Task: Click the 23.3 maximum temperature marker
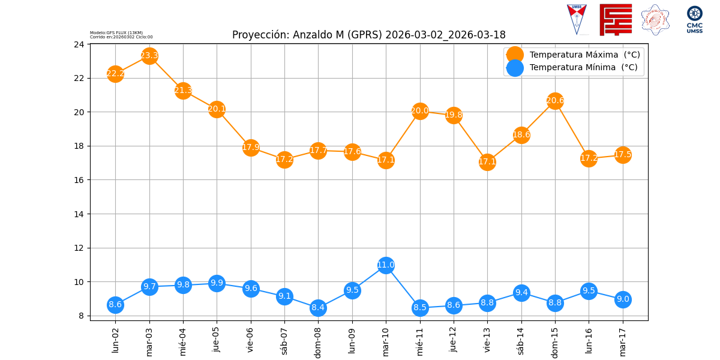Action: pyautogui.click(x=149, y=56)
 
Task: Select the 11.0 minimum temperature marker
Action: pyautogui.click(x=386, y=265)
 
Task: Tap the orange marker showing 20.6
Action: pyautogui.click(x=555, y=101)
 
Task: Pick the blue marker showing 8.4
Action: pyautogui.click(x=318, y=308)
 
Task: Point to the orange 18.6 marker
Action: pyautogui.click(x=521, y=135)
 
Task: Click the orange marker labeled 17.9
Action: pyautogui.click(x=251, y=148)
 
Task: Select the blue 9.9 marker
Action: pyautogui.click(x=217, y=283)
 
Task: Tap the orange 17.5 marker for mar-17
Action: pyautogui.click(x=623, y=155)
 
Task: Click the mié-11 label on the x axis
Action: pyautogui.click(x=420, y=340)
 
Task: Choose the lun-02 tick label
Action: pyautogui.click(x=116, y=340)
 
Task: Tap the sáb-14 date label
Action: pyautogui.click(x=521, y=340)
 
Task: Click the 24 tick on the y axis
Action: pyautogui.click(x=79, y=44)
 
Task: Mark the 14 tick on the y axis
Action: pyautogui.click(x=79, y=214)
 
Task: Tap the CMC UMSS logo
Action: pyautogui.click(x=694, y=19)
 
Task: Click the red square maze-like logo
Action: pyautogui.click(x=616, y=20)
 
